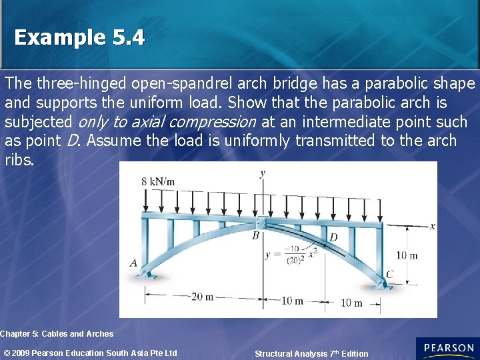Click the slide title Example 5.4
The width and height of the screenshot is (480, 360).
(79, 37)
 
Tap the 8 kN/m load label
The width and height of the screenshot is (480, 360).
(158, 181)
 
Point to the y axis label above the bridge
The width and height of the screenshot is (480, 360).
(263, 174)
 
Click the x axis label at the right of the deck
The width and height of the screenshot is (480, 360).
(432, 226)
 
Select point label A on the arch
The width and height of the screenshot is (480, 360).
(133, 263)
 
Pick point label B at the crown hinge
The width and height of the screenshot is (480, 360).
(255, 235)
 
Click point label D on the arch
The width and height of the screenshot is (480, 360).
(333, 237)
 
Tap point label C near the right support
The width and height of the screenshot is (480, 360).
(390, 273)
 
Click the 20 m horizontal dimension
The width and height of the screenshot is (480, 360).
(202, 297)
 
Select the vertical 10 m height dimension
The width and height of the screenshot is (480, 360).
(407, 255)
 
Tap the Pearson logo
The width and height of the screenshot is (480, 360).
(447, 349)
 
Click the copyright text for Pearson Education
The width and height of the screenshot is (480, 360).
(90, 353)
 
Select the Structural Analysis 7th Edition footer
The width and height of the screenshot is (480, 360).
(311, 353)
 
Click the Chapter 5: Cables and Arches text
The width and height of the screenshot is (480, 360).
(57, 333)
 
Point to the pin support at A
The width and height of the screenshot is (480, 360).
(149, 275)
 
